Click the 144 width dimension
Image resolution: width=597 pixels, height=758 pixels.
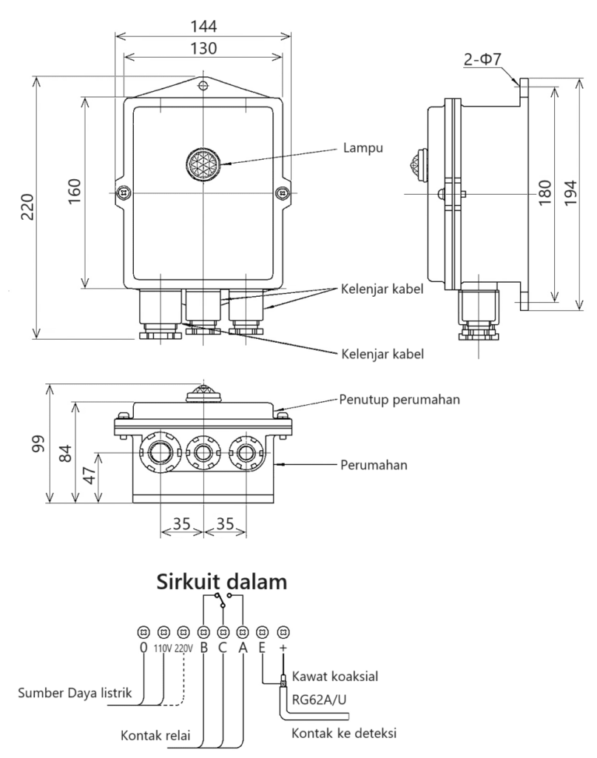[203, 27]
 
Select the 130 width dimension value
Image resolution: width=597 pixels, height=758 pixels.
[203, 48]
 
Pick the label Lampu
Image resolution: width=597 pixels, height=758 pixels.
[362, 147]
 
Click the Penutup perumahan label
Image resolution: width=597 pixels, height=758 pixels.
[400, 400]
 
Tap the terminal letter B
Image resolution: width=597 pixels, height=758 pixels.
[203, 647]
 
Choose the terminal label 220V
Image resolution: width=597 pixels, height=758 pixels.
[183, 647]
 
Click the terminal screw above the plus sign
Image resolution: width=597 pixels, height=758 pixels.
[282, 632]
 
